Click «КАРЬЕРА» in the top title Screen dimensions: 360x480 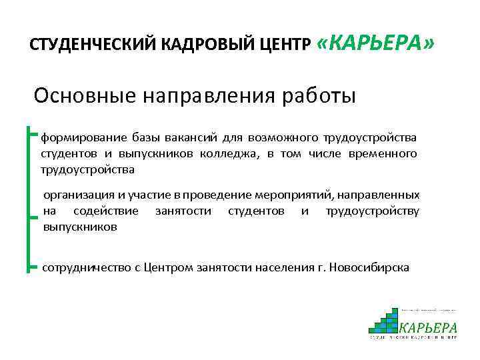coord(376,43)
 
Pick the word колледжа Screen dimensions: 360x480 coord(227,154)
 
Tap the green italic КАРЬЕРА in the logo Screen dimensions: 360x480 coord(428,327)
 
